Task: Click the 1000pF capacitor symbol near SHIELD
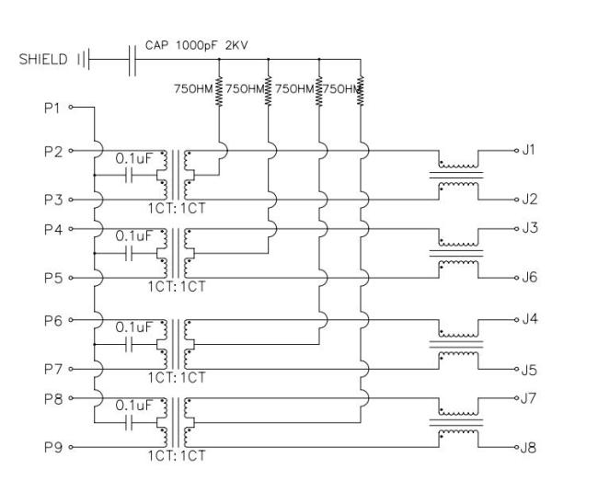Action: [x=132, y=60]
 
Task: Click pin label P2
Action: [x=53, y=150]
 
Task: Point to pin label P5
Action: [x=53, y=277]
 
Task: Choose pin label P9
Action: [x=53, y=448]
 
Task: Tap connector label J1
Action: [x=529, y=149]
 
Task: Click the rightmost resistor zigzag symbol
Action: [x=361, y=88]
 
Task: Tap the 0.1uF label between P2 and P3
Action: [x=132, y=158]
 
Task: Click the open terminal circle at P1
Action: [x=71, y=108]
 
